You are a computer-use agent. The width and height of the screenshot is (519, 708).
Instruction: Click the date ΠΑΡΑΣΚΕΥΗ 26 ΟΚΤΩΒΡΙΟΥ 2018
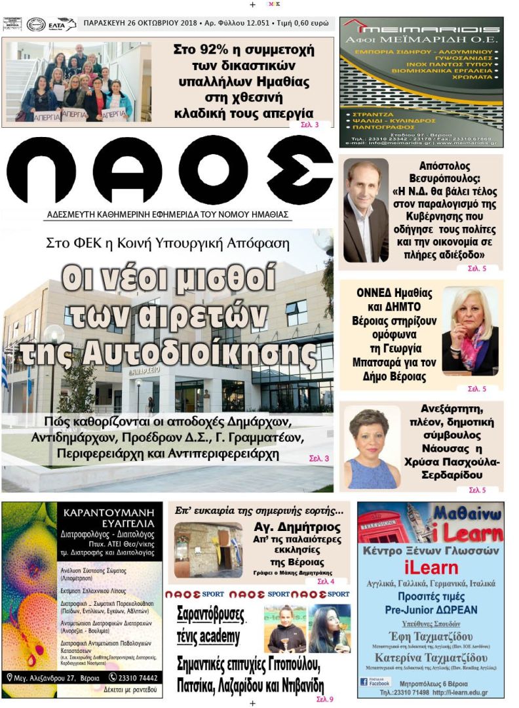(x=132, y=24)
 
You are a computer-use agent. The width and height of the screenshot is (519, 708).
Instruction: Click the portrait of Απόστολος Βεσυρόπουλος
(x=366, y=210)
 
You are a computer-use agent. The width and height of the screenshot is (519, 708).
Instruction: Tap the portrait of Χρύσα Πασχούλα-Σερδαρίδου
(x=372, y=447)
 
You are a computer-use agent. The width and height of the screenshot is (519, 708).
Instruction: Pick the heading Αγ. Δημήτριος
(x=296, y=527)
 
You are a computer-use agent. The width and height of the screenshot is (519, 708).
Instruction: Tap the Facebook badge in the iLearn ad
(x=375, y=682)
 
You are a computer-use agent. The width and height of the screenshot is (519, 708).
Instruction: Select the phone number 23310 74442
(x=138, y=677)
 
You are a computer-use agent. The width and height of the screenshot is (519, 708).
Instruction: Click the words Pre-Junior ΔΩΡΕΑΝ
(x=431, y=610)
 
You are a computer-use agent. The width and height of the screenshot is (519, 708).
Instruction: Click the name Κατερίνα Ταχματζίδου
(x=431, y=658)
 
